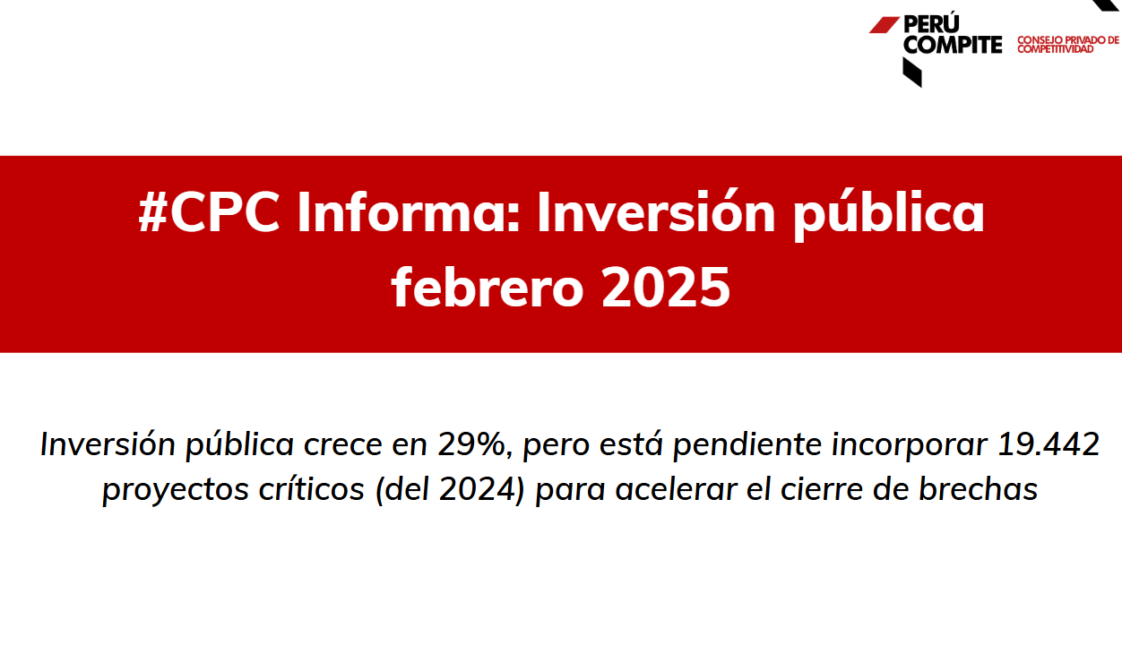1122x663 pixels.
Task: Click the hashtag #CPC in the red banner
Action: [209, 212]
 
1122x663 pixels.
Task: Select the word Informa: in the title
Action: [409, 211]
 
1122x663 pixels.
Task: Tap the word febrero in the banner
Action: [488, 287]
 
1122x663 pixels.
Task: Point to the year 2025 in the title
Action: [666, 288]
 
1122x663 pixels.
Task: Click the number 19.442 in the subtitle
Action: [1049, 443]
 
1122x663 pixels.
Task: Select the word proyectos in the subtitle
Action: [176, 490]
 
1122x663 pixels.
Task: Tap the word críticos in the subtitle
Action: [312, 488]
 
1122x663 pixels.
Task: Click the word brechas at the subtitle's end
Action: [978, 488]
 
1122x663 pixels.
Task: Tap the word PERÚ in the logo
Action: [931, 24]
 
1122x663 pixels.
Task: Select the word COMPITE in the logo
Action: [953, 45]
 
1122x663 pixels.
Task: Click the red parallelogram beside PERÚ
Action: [885, 25]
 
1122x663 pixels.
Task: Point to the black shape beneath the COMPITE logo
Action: [912, 72]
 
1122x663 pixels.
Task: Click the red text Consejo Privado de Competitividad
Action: [1068, 45]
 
